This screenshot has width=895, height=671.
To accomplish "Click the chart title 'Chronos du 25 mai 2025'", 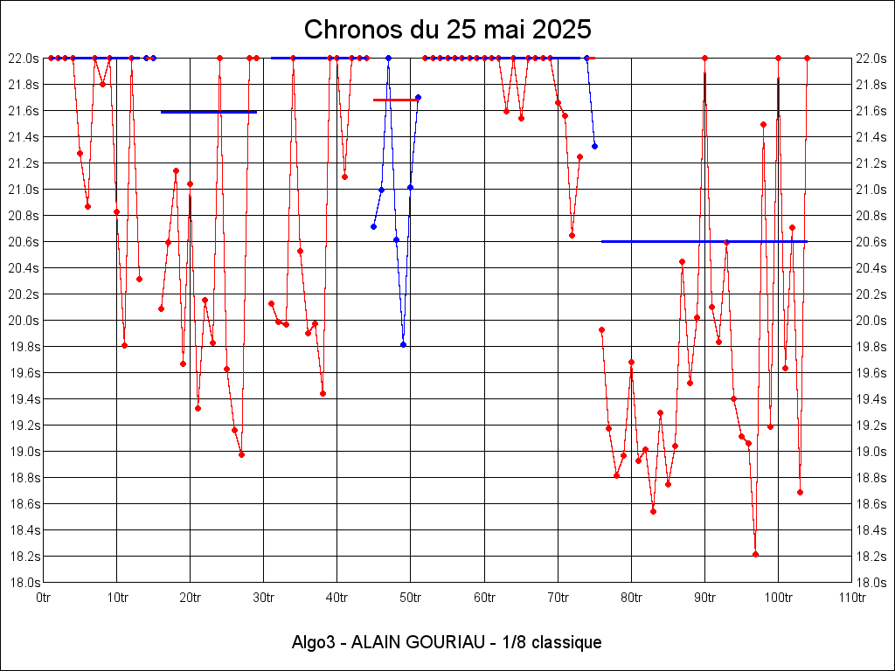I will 447,30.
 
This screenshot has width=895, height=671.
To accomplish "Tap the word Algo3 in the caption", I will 313,642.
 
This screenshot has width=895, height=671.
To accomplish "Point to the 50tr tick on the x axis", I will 411,598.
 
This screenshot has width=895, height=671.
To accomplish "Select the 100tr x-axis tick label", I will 778,598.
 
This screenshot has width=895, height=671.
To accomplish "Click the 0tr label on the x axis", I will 44,598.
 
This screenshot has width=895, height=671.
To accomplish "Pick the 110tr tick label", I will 851,598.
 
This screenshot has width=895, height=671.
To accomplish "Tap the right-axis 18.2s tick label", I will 871,557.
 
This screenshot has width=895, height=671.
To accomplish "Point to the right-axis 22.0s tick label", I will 871,59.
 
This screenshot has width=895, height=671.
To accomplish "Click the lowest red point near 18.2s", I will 755,554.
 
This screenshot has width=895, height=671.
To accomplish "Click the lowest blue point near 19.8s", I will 403,344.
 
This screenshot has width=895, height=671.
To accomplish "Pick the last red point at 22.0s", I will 807,58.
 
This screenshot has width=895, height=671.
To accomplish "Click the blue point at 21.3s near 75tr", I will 594,146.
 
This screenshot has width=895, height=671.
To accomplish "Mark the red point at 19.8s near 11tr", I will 124,345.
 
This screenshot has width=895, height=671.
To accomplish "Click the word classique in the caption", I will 567,642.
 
